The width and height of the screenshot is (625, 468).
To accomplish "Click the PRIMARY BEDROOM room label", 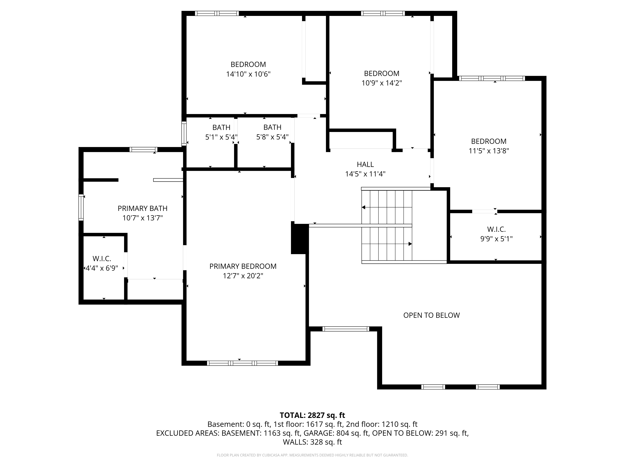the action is click(243, 266).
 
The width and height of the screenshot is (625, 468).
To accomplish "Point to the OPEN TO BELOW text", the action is click(431, 315).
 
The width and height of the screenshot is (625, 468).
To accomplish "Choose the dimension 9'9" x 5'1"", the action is click(496, 239).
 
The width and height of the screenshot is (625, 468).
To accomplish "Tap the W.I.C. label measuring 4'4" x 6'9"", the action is click(102, 259).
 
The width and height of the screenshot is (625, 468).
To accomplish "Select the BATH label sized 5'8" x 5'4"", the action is click(272, 127).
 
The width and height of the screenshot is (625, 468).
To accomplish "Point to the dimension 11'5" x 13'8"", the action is click(489, 151).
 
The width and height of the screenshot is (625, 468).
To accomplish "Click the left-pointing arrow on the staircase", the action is click(364, 207).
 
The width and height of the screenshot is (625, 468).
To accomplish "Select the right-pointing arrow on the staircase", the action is click(410, 244).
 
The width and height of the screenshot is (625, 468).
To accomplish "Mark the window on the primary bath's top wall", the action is click(144, 149).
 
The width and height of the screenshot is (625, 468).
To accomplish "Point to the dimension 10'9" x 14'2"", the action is click(382, 83).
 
